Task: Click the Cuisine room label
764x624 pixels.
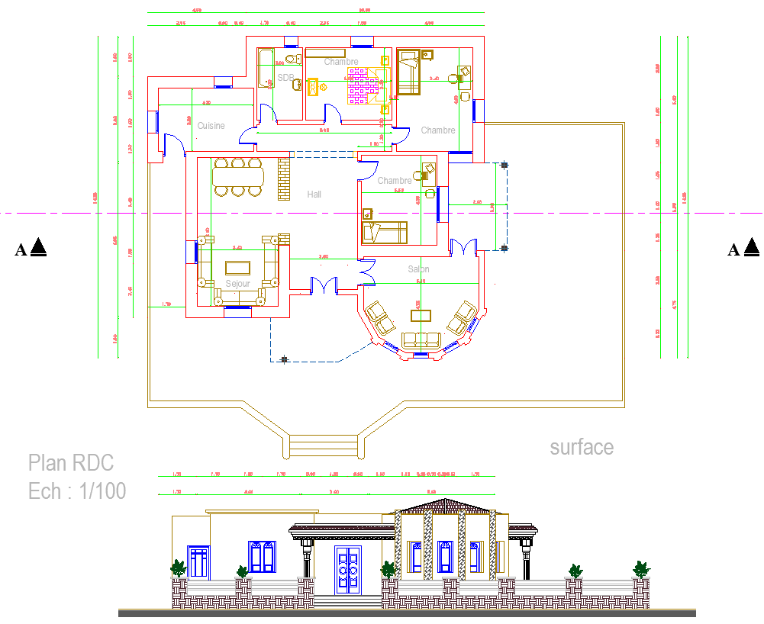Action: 211,126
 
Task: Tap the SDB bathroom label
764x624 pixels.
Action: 285,78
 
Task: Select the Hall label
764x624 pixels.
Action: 314,195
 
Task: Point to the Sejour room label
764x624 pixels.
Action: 237,284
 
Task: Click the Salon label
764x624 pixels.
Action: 418,269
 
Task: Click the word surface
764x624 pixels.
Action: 582,447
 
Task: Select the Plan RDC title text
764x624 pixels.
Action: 71,463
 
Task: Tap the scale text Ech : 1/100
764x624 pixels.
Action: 77,491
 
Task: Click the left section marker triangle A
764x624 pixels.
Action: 40,248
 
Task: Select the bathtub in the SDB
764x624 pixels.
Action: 264,69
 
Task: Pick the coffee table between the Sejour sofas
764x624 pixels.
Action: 237,268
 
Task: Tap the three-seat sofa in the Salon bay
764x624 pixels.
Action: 421,339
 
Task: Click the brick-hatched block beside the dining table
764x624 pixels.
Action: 284,179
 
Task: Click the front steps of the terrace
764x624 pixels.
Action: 324,445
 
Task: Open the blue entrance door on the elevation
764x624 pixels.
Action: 349,571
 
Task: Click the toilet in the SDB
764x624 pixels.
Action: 291,59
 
